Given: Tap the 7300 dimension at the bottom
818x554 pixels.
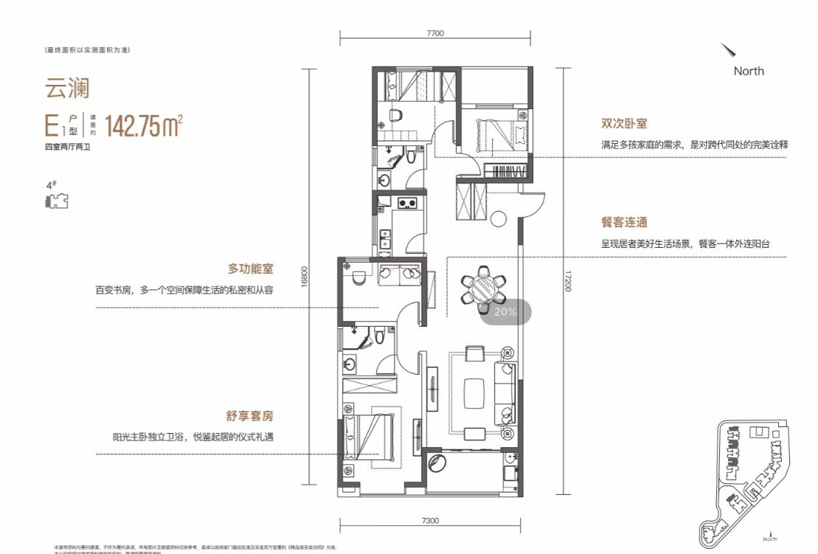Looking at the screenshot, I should coord(430,521).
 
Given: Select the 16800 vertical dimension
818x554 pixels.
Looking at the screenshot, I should coord(303,281).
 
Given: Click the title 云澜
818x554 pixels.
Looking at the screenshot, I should coord(67,88).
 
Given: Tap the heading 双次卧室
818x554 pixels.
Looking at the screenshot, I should coord(624,125).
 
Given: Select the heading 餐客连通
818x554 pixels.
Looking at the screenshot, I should coord(624,222).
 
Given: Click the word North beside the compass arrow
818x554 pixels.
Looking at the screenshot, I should coord(749,71).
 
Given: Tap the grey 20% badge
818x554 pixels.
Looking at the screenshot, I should coord(505,312).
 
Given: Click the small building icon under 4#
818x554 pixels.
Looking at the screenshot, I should coord(56,201).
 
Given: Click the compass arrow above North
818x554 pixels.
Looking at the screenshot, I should coord(729,50).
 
